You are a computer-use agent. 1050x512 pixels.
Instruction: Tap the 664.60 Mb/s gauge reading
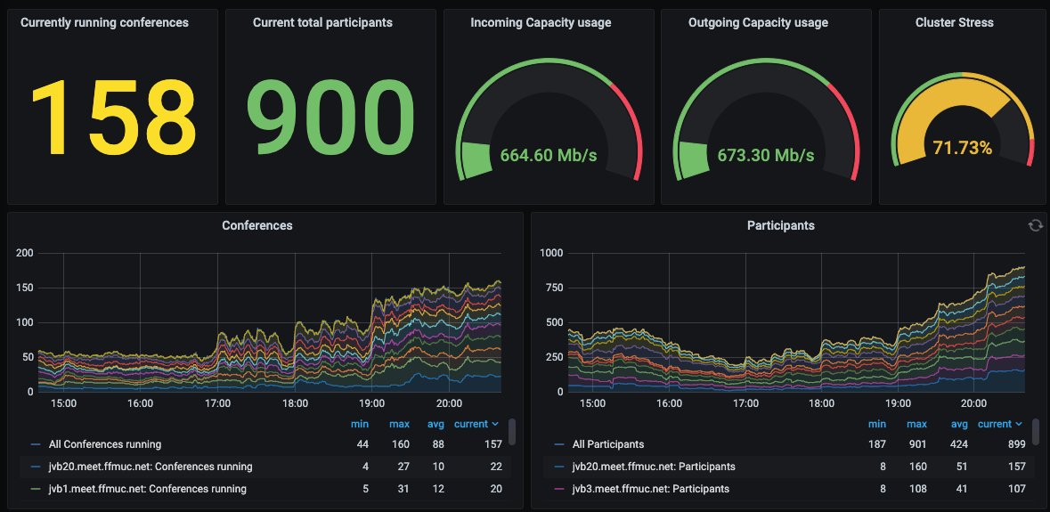(549, 155)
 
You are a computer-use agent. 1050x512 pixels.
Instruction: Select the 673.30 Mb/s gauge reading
(766, 155)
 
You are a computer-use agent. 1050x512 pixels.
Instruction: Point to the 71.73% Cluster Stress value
(962, 148)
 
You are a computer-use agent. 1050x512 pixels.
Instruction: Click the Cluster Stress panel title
(954, 22)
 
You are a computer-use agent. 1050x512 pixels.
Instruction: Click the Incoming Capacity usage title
(541, 23)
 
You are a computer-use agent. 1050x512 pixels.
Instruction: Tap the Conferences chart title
(257, 225)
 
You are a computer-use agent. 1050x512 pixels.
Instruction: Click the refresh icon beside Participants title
(1035, 225)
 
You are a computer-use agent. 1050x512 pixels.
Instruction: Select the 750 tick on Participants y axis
(554, 288)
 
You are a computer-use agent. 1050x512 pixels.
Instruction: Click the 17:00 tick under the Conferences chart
(217, 403)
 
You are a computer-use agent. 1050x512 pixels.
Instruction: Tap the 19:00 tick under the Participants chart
(898, 403)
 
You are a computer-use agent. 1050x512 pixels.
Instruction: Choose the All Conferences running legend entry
(105, 444)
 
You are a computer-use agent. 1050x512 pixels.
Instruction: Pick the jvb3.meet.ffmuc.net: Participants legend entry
(651, 489)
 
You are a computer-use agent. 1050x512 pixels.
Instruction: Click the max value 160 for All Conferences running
(400, 444)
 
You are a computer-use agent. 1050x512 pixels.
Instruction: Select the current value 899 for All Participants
(1016, 444)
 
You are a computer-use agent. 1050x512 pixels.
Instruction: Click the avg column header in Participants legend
(959, 425)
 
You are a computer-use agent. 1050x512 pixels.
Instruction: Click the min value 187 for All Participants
(877, 444)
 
